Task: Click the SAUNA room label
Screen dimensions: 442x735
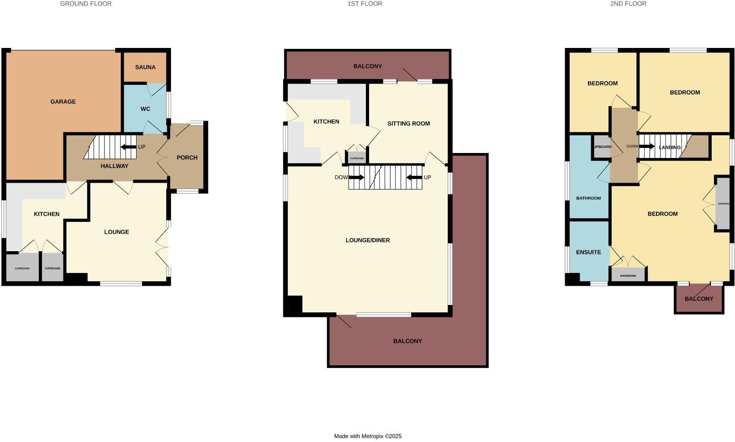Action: [145, 67]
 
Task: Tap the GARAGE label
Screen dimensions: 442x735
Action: [63, 101]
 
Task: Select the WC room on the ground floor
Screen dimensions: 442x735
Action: [145, 109]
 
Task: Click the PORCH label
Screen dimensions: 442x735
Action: [187, 158]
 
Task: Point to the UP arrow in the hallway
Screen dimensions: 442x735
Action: [128, 147]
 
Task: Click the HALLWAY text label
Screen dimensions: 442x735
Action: [114, 166]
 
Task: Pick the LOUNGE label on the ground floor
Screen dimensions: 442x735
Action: [116, 232]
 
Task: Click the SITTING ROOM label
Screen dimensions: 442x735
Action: [408, 123]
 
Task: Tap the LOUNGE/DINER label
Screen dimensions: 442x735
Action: [368, 240]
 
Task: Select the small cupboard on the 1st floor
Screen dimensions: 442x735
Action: [357, 158]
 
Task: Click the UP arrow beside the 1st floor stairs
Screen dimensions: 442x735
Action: [414, 177]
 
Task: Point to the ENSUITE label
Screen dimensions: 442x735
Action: [588, 252]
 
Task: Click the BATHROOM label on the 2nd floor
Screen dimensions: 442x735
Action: [588, 198]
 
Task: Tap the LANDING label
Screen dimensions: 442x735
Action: [670, 147]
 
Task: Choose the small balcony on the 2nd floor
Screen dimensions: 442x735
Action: [699, 299]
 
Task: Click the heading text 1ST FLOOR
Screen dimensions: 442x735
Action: [365, 4]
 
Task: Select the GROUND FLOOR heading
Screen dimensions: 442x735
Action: [86, 4]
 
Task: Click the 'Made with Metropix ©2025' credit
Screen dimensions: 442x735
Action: [368, 436]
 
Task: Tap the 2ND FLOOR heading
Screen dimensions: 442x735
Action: [628, 4]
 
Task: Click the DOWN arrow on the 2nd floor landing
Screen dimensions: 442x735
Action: [646, 147]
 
